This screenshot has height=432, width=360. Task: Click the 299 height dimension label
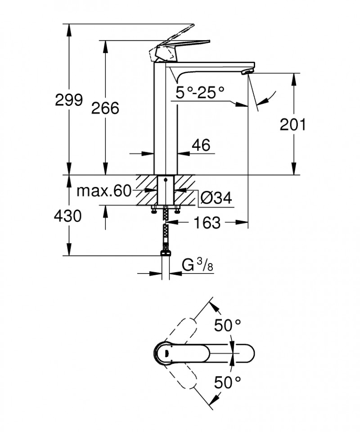69,100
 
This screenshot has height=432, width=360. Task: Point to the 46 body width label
201,145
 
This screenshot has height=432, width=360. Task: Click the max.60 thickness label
103,191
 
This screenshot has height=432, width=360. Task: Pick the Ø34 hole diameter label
216,198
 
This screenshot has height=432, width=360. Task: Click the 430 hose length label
68,216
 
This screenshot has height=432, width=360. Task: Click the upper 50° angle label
227,324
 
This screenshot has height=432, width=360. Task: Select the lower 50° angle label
227,382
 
